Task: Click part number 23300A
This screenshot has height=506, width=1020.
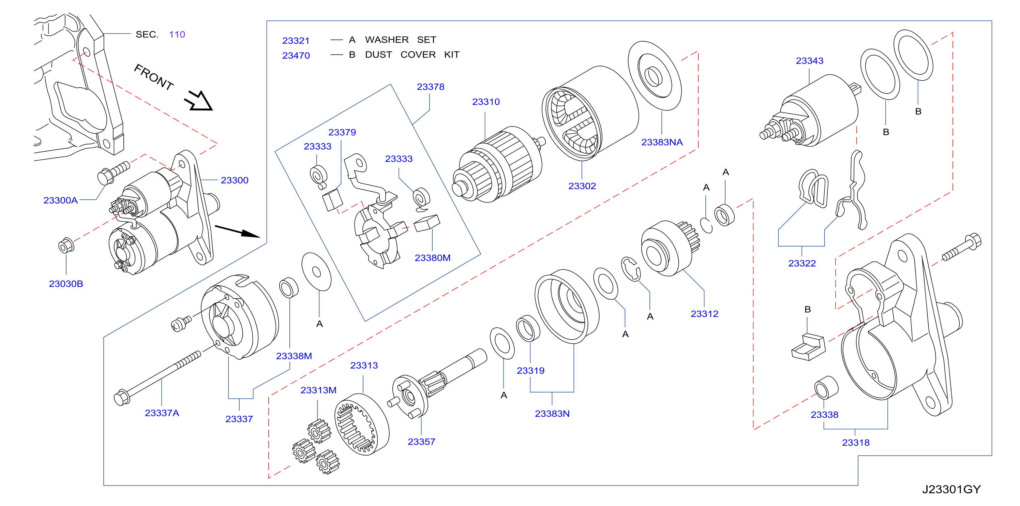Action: (x=60, y=200)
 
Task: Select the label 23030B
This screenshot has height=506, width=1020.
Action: (x=66, y=284)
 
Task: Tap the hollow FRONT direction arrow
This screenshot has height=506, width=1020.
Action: (x=199, y=101)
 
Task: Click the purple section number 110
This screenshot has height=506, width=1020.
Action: (x=177, y=34)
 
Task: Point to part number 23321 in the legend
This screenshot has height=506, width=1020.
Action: (x=296, y=40)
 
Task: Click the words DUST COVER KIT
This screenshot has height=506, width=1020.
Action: (x=412, y=54)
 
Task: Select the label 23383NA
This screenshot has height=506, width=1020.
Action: (x=662, y=142)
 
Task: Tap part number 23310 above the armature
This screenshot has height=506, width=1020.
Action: (x=486, y=102)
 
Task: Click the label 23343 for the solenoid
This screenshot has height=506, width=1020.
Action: (x=810, y=61)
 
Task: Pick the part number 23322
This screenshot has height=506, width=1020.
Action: (x=802, y=263)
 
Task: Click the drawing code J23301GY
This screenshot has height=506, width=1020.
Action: (x=951, y=489)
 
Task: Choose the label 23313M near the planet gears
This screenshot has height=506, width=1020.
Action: (x=318, y=390)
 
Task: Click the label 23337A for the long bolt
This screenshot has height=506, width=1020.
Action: (x=162, y=413)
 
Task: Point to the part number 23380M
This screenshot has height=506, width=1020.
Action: (x=432, y=258)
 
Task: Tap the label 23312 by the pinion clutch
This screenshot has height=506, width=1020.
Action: (x=704, y=314)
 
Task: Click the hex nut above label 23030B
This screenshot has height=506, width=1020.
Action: (x=66, y=246)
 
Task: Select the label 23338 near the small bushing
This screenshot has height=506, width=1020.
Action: (x=824, y=415)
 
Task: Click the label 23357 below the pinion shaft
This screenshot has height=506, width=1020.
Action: (x=421, y=442)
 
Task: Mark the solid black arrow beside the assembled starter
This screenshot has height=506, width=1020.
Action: (x=237, y=231)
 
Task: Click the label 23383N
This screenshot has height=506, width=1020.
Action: (x=552, y=414)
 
